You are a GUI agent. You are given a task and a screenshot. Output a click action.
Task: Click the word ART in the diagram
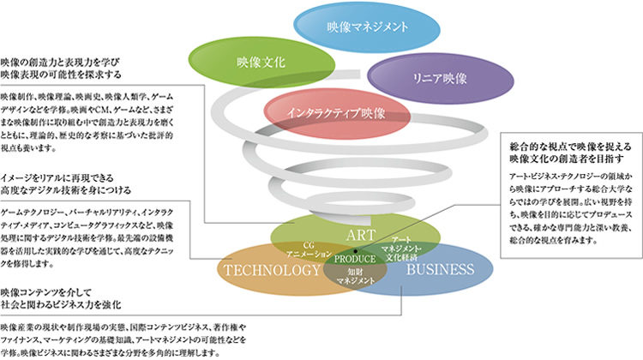pyautogui.click(x=358, y=234)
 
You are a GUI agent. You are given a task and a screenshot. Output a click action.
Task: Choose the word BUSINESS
pyautogui.click(x=439, y=269)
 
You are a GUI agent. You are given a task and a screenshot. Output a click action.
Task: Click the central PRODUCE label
pyautogui.click(x=355, y=259)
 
